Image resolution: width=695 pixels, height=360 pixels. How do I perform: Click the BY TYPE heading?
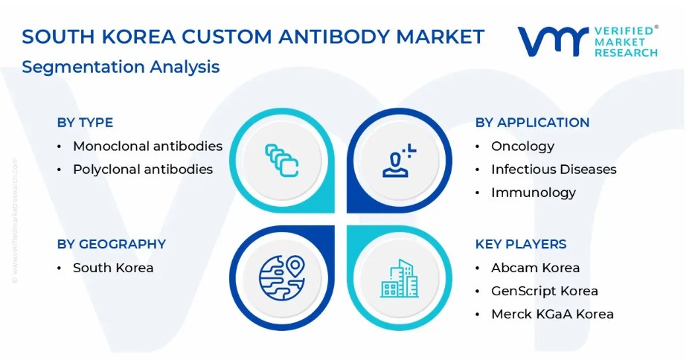[85, 123]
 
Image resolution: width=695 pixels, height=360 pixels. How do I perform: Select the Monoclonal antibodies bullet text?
[147, 146]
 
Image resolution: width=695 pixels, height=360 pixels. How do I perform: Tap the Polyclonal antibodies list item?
[143, 170]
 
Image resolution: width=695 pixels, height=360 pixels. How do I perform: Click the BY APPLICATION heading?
[532, 123]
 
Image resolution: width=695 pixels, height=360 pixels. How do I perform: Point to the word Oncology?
[522, 147]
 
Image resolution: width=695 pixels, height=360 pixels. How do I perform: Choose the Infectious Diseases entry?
[554, 170]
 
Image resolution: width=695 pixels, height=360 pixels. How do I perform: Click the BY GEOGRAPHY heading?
[112, 244]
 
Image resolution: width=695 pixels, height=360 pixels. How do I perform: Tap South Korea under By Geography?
[113, 268]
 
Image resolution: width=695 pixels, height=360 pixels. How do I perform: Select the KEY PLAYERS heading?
[521, 244]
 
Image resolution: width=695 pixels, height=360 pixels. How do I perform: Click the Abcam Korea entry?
[536, 268]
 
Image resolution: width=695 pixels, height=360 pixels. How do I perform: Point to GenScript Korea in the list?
[544, 292]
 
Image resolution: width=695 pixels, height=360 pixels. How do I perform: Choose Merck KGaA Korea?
[552, 315]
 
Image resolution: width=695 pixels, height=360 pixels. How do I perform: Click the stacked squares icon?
[282, 161]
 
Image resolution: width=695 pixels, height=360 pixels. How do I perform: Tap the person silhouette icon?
[399, 161]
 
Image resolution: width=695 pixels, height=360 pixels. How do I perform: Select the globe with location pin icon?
[282, 278]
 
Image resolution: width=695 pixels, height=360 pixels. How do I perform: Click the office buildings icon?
[400, 278]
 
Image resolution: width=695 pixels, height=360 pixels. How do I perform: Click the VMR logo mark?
[553, 41]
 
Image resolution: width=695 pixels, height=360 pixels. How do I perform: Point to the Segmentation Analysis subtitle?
[121, 67]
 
